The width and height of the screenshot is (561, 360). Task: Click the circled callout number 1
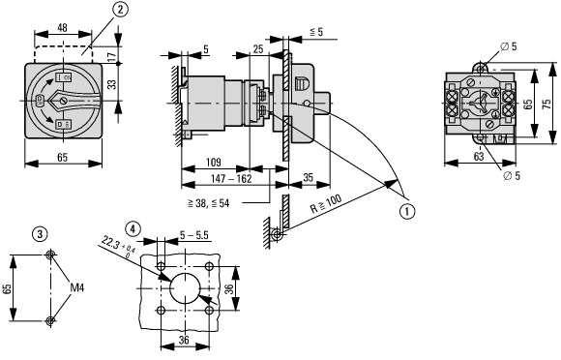[x=407, y=211]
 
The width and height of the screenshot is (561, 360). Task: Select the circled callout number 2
[x=120, y=10]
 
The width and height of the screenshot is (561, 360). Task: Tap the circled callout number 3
[x=40, y=234]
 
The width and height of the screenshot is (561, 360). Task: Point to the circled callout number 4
[x=133, y=228]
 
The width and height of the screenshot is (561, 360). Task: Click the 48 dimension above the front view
[x=62, y=27]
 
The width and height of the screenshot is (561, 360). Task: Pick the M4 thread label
[x=77, y=287]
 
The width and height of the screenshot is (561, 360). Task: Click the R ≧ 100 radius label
[x=326, y=203]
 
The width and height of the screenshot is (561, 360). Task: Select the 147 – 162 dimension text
[x=231, y=179]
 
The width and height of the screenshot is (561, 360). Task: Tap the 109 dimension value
[x=213, y=163]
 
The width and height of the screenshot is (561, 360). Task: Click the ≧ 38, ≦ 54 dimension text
[x=208, y=203]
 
